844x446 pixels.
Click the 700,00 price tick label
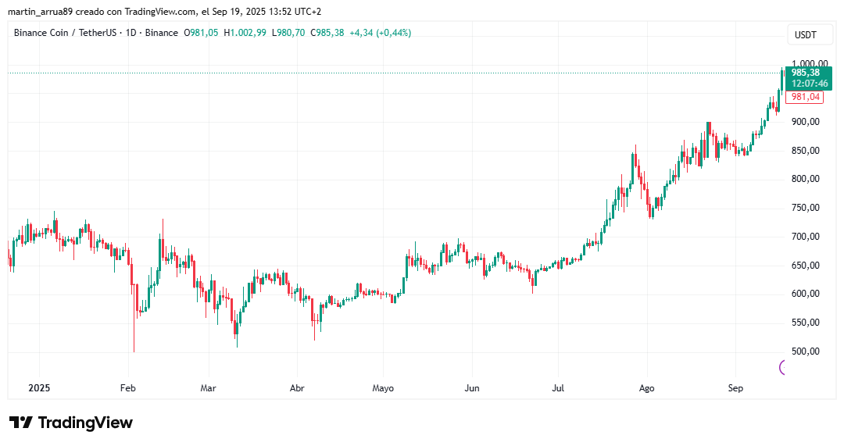806,237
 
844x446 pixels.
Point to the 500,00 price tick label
806,351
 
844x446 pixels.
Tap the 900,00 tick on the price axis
806,122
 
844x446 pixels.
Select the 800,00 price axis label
806,179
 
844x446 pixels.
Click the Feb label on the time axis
128,387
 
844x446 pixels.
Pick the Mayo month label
383,387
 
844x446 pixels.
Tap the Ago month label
646,387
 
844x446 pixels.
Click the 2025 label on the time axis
38,387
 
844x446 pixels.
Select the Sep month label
735,387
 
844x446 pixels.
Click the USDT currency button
805,35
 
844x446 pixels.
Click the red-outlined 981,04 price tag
805,97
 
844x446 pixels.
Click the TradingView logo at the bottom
71,423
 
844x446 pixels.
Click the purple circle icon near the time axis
785,367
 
